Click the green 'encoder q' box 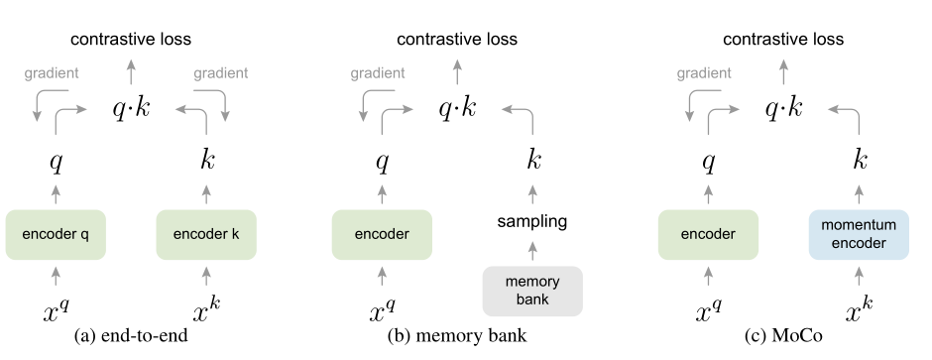[x=56, y=235]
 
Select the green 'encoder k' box [x=206, y=235]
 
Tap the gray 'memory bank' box [x=532, y=289]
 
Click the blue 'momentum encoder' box [x=858, y=235]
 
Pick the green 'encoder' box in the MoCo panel [x=707, y=235]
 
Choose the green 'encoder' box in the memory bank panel [x=382, y=235]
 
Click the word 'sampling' [x=532, y=221]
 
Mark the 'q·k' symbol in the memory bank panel [x=457, y=107]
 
